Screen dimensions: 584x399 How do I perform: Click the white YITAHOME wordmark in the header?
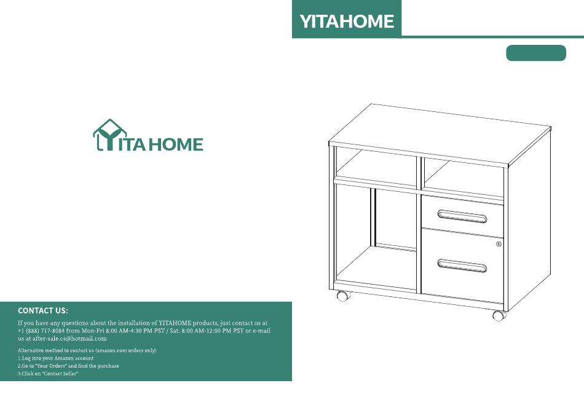coord(347,22)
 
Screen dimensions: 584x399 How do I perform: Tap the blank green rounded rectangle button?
coord(536,53)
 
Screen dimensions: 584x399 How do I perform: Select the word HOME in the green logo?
coord(176,144)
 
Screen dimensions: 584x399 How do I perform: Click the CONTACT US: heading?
coord(43,310)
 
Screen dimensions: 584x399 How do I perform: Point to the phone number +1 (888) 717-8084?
coord(41,331)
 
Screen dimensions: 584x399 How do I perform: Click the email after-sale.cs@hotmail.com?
coord(69,339)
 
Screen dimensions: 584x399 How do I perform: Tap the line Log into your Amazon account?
coord(55,358)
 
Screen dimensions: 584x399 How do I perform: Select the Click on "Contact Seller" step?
coord(48,374)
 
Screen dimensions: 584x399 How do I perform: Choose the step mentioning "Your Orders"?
coord(68,366)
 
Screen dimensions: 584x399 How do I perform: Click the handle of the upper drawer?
coord(462,216)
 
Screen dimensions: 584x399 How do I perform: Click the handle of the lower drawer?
coord(462,266)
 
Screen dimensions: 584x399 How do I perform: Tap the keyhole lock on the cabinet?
coord(499,244)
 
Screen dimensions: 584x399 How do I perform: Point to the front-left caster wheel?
coord(343,296)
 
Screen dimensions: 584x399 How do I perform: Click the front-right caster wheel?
coord(499,315)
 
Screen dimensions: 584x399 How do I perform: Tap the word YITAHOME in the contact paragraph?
coord(175,323)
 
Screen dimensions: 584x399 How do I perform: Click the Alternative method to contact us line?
coord(87,350)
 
